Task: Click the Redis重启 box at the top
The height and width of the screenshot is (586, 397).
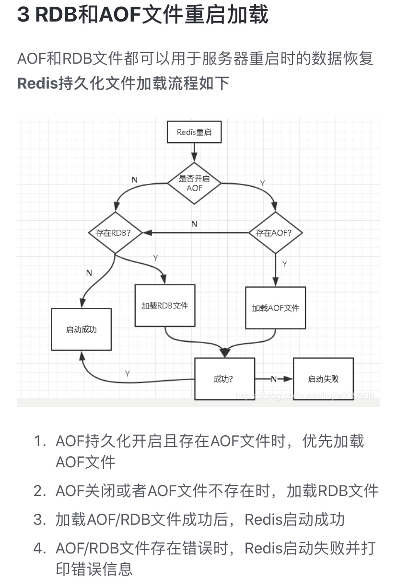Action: (x=194, y=132)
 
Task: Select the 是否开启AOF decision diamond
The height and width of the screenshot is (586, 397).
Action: (x=194, y=183)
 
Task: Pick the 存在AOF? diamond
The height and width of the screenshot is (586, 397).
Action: (x=276, y=233)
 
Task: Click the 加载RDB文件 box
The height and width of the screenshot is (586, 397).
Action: (x=165, y=305)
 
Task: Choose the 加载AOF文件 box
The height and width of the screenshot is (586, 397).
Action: (x=276, y=308)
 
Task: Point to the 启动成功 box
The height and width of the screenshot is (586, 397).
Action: (x=81, y=329)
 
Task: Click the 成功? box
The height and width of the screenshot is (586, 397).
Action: (x=224, y=379)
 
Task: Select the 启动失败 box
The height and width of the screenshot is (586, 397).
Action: (x=323, y=379)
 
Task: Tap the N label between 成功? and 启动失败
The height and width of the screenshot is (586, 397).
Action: (x=274, y=379)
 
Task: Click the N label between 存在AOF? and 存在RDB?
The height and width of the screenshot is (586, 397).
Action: (x=194, y=224)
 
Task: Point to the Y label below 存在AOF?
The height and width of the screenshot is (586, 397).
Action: (x=285, y=264)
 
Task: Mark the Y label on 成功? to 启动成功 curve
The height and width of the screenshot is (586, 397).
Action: (x=127, y=373)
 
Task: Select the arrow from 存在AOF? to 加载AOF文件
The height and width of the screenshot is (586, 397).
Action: (x=276, y=270)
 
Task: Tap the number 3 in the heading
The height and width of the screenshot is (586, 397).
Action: (x=23, y=15)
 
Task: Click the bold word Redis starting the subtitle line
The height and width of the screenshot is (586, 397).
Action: (x=37, y=83)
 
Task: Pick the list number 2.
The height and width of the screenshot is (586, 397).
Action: (x=39, y=491)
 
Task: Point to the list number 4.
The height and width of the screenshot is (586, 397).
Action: (x=39, y=549)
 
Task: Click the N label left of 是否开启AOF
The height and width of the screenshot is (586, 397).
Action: (x=134, y=180)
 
